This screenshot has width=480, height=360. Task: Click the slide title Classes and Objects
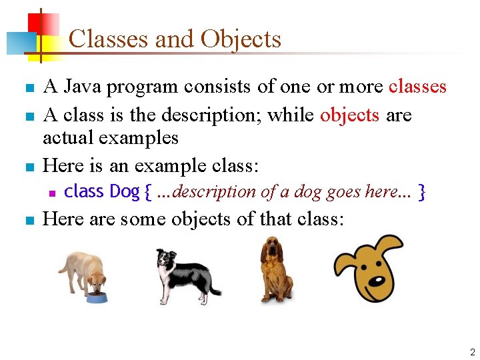click(175, 39)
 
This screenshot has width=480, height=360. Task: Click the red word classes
click(417, 87)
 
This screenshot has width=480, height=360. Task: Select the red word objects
click(349, 115)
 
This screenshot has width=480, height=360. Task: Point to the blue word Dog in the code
click(124, 192)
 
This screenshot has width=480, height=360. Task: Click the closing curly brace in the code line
click(421, 193)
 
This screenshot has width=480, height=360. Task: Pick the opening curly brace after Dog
click(147, 193)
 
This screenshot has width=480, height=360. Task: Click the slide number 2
click(472, 352)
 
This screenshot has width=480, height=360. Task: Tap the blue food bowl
click(97, 297)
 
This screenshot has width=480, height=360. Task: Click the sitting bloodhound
click(275, 270)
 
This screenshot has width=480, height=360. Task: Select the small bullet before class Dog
click(51, 193)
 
